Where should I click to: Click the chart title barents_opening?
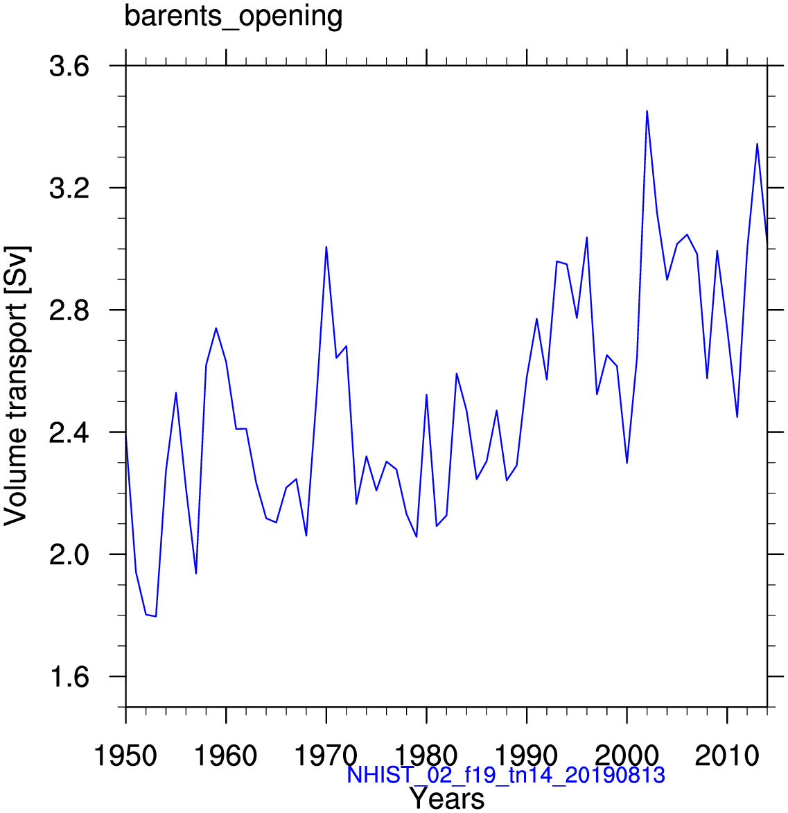click(x=234, y=17)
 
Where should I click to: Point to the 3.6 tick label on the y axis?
click(x=69, y=67)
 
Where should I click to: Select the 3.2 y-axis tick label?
click(x=69, y=189)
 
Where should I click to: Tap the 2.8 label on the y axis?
click(x=69, y=311)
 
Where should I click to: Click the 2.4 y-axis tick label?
click(x=69, y=432)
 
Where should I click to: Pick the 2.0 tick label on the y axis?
click(x=69, y=554)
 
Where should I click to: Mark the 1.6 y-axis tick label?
click(x=69, y=677)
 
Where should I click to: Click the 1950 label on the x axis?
click(x=125, y=756)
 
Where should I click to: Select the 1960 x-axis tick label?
click(x=225, y=756)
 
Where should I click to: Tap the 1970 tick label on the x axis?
click(x=326, y=756)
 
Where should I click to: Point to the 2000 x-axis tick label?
click(x=627, y=756)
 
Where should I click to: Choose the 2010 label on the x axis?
click(x=727, y=756)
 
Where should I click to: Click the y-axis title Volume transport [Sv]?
click(x=15, y=386)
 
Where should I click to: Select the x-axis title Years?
click(x=447, y=798)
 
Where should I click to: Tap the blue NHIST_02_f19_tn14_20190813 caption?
click(x=505, y=775)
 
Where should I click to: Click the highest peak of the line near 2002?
click(x=647, y=111)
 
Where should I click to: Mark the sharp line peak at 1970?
click(x=326, y=247)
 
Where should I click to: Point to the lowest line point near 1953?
click(x=155, y=616)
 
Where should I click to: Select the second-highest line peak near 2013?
click(x=757, y=143)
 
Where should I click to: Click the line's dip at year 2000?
click(x=627, y=462)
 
